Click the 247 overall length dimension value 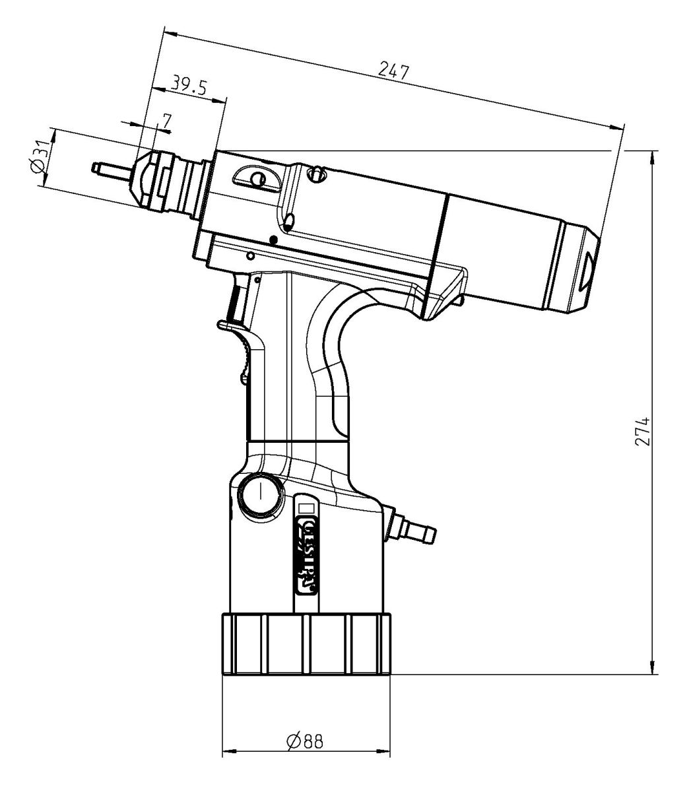coord(394,71)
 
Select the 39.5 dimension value coord(189,84)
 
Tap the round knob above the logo coord(260,493)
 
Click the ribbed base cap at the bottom coord(306,645)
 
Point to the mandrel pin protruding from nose coord(112,170)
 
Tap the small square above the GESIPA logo coord(306,507)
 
